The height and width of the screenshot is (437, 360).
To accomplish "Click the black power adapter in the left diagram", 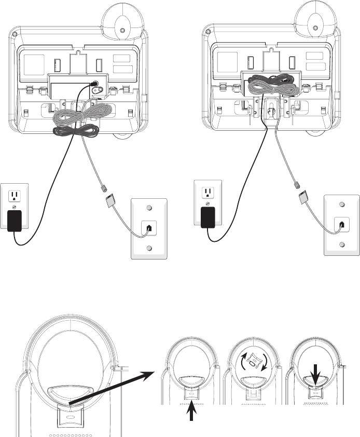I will click(15, 220).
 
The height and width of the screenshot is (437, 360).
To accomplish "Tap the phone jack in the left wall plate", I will click(148, 227).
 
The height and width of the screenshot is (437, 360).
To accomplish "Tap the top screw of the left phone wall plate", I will click(148, 208).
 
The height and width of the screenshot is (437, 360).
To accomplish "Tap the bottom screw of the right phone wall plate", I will click(341, 244).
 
